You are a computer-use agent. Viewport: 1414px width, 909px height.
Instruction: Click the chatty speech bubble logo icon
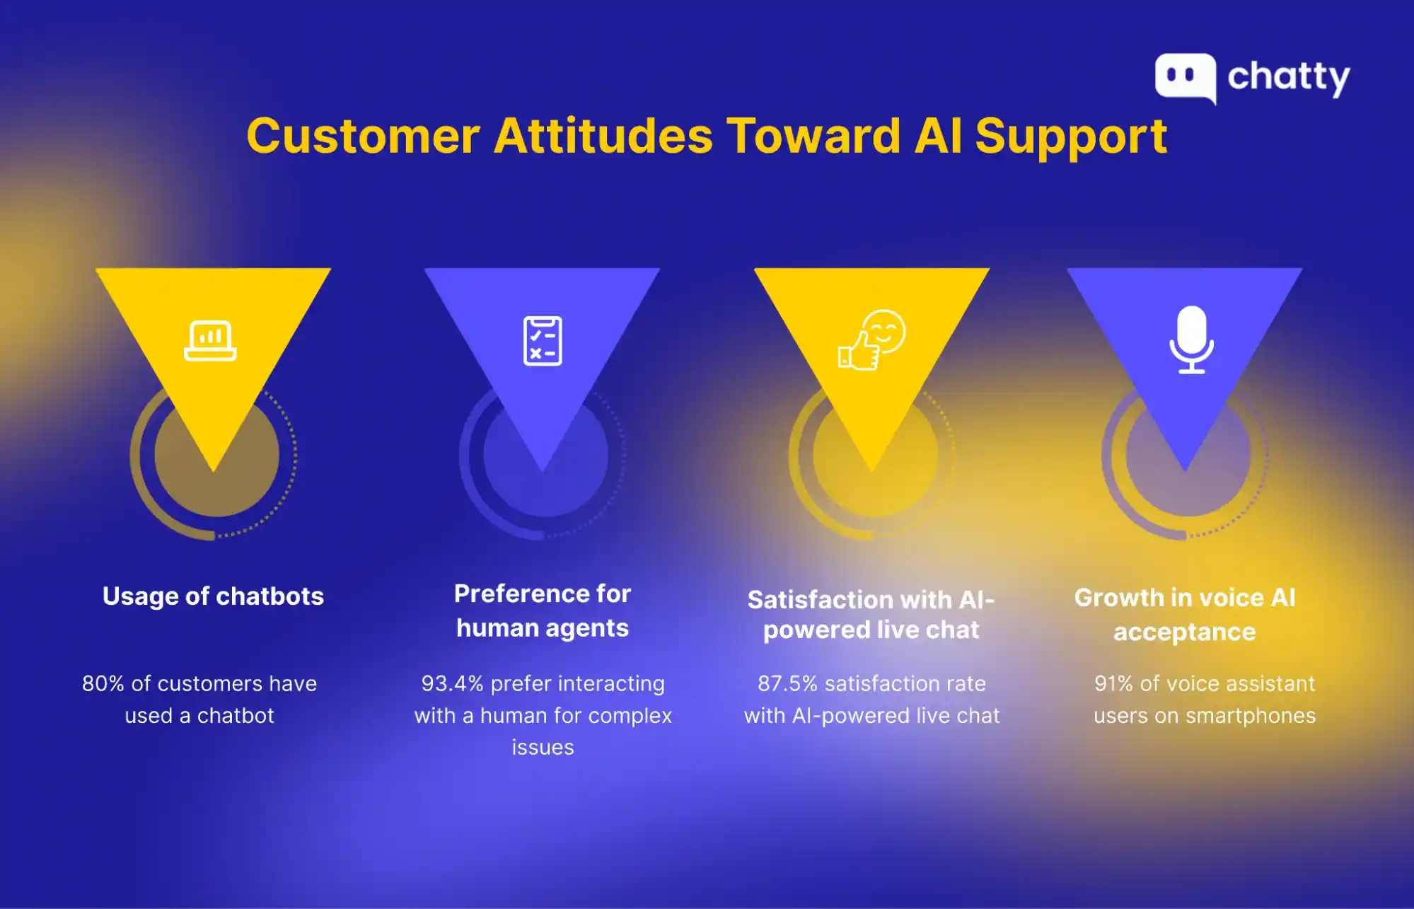click(x=1185, y=77)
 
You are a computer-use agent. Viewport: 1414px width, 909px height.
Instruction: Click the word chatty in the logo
click(x=1288, y=77)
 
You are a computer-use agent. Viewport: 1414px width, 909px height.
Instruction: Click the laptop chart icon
click(x=210, y=341)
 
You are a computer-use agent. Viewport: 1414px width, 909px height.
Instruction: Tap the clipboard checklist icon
click(x=543, y=341)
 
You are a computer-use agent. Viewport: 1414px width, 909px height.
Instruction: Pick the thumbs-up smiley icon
click(x=871, y=340)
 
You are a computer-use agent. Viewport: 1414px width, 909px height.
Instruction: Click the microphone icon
click(x=1191, y=340)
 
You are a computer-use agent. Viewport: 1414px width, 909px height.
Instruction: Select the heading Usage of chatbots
click(x=213, y=596)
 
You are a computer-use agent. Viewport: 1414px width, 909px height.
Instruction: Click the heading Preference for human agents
click(x=543, y=610)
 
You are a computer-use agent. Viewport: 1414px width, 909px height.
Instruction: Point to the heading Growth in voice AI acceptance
click(x=1185, y=614)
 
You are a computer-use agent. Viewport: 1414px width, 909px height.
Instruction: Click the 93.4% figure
click(x=452, y=683)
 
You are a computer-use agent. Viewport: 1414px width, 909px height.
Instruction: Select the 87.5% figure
click(x=787, y=683)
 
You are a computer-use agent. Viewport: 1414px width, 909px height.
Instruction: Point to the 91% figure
click(x=1113, y=683)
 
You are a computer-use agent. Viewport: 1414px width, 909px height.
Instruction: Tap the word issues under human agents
click(x=543, y=748)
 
